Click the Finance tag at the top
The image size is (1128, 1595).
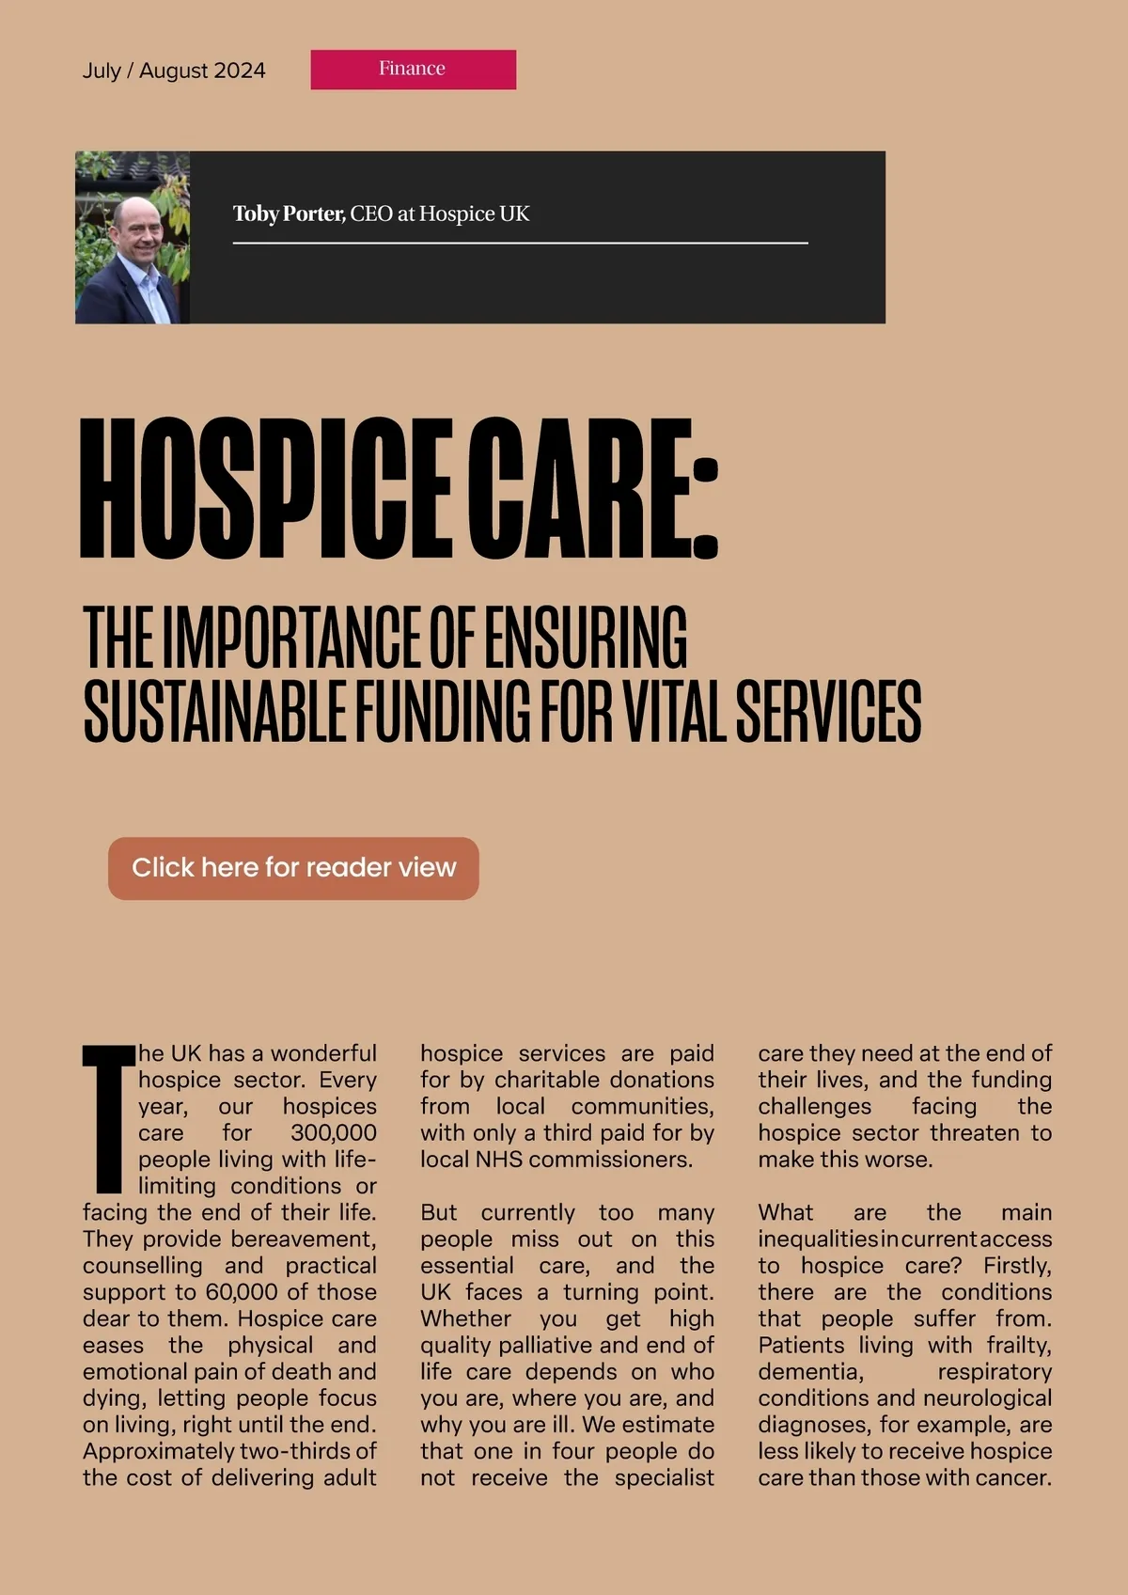pos(413,70)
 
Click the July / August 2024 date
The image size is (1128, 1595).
pos(174,71)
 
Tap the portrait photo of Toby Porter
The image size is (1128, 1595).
pos(133,237)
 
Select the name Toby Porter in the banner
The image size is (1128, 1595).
pos(289,214)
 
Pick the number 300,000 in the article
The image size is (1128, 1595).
pos(333,1133)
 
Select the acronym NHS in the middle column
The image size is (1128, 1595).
pos(498,1160)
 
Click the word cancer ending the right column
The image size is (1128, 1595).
pos(1015,1477)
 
